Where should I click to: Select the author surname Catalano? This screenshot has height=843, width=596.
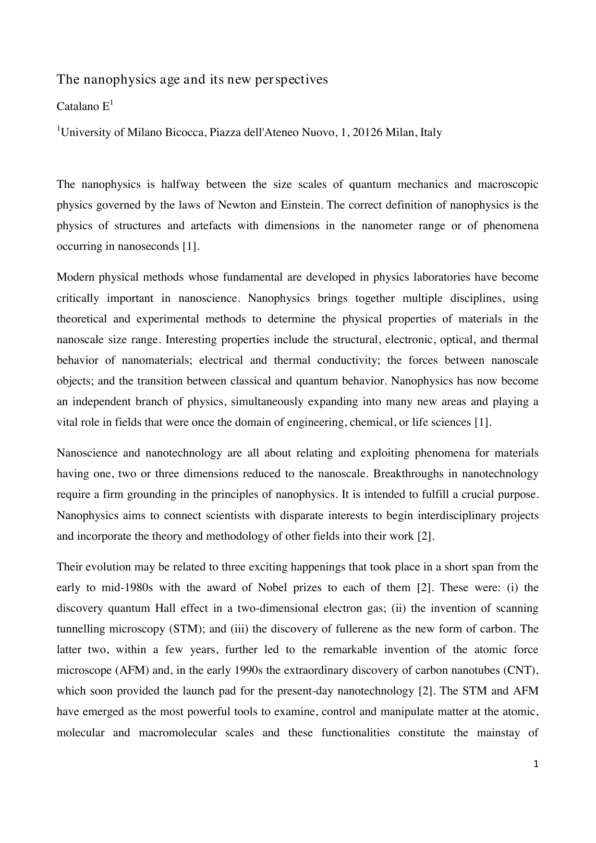(77, 107)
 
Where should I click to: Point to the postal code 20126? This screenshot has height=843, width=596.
(367, 133)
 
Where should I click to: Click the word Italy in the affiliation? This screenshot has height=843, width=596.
(431, 133)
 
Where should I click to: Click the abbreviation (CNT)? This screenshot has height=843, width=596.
(526, 670)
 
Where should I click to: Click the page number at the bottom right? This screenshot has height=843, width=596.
(536, 764)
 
